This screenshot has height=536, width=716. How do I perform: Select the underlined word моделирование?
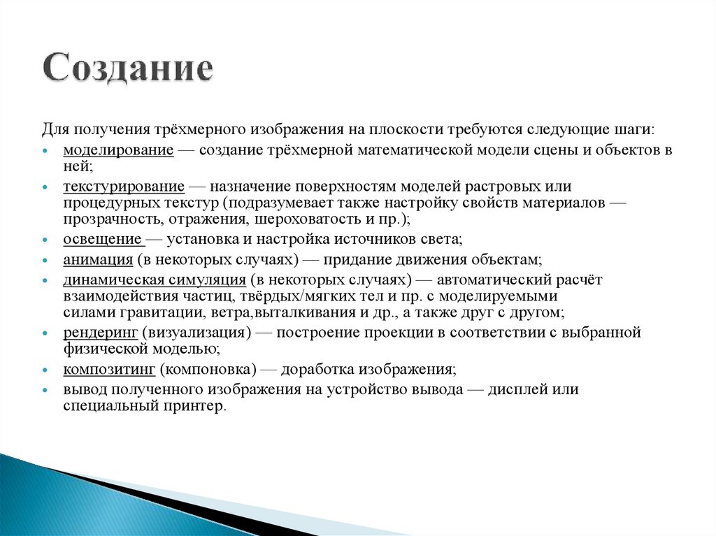tap(118, 150)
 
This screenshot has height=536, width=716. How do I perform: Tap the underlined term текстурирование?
tap(124, 187)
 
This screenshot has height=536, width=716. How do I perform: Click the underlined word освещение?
tap(103, 240)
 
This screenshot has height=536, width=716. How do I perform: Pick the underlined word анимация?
tap(98, 260)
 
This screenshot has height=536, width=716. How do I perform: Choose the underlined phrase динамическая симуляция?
tap(153, 280)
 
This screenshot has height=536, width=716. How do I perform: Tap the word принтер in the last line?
tap(199, 406)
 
